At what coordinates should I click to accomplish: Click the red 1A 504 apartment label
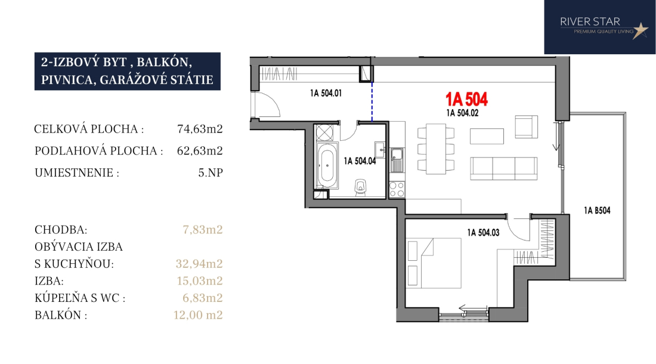(x=466, y=100)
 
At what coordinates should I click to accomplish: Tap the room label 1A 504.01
(x=326, y=93)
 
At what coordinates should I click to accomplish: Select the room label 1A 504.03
(x=483, y=233)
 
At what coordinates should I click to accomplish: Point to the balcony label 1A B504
(x=597, y=211)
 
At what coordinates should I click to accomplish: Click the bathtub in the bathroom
(x=327, y=166)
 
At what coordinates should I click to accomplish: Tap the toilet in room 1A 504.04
(x=360, y=187)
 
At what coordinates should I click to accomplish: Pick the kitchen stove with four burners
(x=397, y=189)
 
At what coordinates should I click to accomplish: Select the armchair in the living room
(x=527, y=127)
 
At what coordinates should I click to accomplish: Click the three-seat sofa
(x=504, y=168)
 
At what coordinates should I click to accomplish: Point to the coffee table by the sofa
(x=487, y=136)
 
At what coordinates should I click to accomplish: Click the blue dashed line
(x=372, y=101)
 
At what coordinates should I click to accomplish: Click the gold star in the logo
(x=640, y=30)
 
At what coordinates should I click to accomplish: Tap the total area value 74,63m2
(x=200, y=129)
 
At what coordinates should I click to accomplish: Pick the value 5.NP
(x=211, y=172)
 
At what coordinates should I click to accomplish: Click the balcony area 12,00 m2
(x=198, y=314)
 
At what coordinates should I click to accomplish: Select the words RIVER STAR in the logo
(x=590, y=21)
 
